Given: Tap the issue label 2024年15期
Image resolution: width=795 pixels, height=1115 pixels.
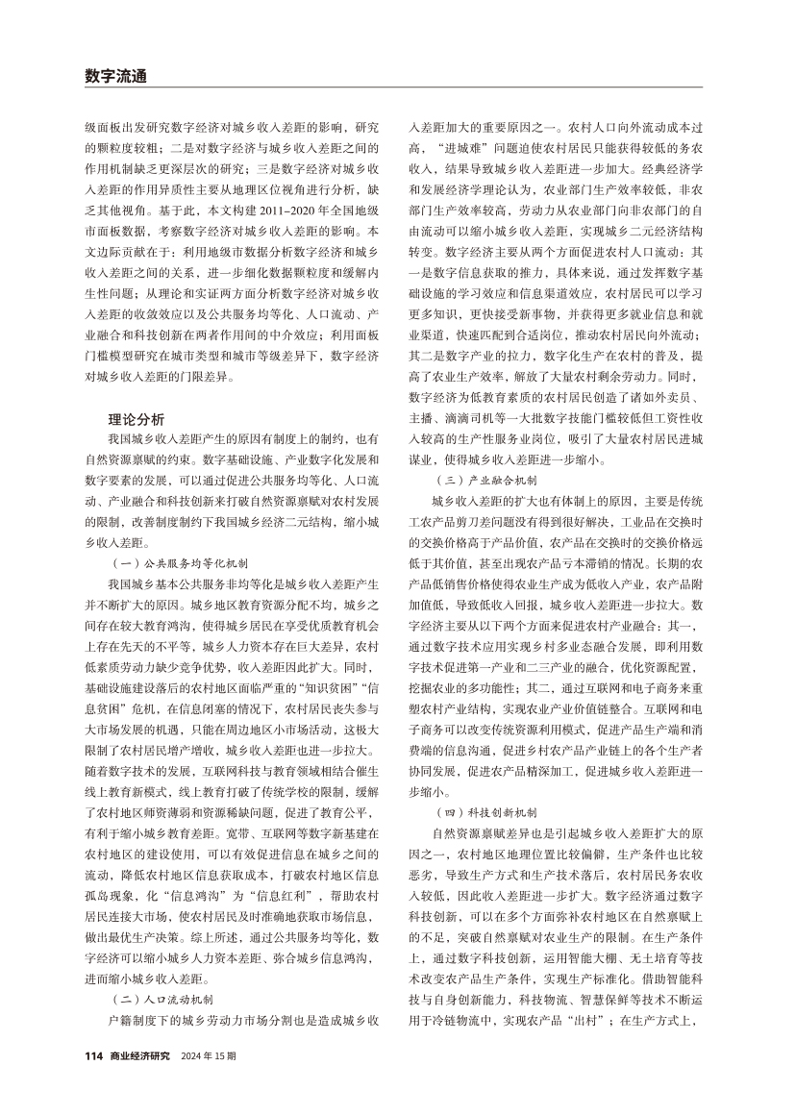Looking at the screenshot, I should tap(208, 1055).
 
